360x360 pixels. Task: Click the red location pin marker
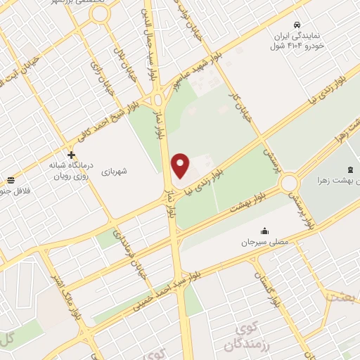tap(181, 165)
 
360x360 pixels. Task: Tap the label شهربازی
tap(114, 170)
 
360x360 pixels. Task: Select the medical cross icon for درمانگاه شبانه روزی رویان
tap(71, 155)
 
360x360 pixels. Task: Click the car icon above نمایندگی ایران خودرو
tap(298, 24)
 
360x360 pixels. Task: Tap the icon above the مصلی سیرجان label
tap(264, 230)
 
